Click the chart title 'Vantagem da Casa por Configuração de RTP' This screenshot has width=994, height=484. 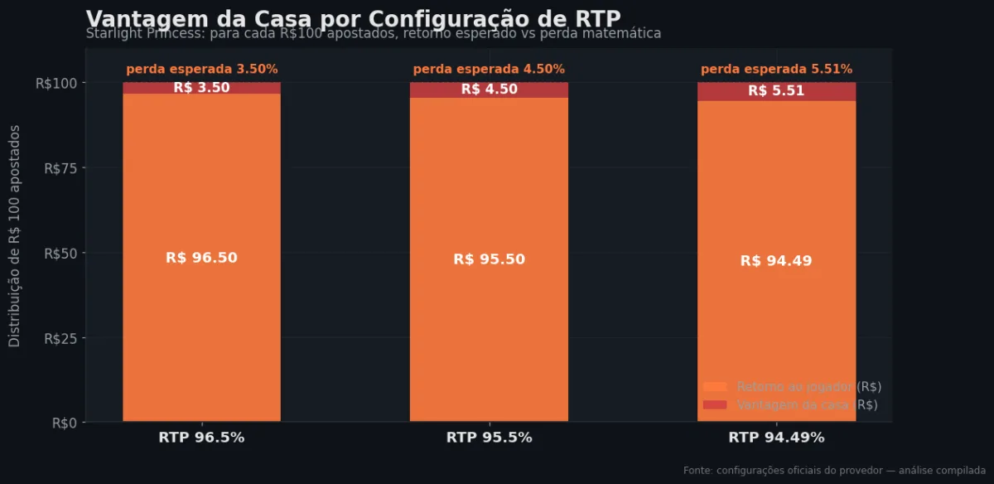click(x=353, y=18)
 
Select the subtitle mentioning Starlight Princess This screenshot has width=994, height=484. click(x=373, y=34)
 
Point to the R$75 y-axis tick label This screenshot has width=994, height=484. click(x=60, y=167)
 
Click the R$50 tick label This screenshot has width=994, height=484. click(x=60, y=253)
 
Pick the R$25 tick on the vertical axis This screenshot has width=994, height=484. click(x=60, y=338)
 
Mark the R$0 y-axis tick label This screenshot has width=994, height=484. click(x=64, y=423)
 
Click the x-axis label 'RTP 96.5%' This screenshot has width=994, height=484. click(x=201, y=438)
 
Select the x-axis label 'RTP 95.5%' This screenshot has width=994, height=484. click(x=489, y=438)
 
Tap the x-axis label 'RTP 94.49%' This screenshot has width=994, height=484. click(x=776, y=438)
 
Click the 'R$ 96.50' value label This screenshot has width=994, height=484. click(x=201, y=258)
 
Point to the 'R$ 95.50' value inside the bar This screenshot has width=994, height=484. click(x=489, y=259)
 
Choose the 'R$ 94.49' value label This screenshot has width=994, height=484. click(x=776, y=261)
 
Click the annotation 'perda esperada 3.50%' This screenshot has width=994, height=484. click(x=201, y=70)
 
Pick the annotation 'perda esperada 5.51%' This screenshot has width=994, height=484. click(x=776, y=70)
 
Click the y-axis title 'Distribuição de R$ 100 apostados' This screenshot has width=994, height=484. click(x=15, y=236)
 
